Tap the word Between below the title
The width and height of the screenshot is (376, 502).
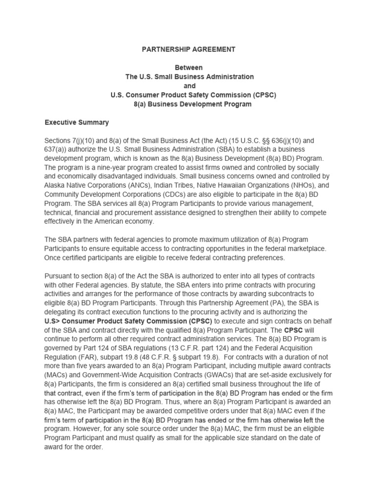(x=188, y=68)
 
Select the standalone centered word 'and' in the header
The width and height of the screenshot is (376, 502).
(x=188, y=86)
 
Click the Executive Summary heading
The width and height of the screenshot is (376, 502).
(x=77, y=122)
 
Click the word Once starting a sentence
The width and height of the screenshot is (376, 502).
(x=53, y=258)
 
